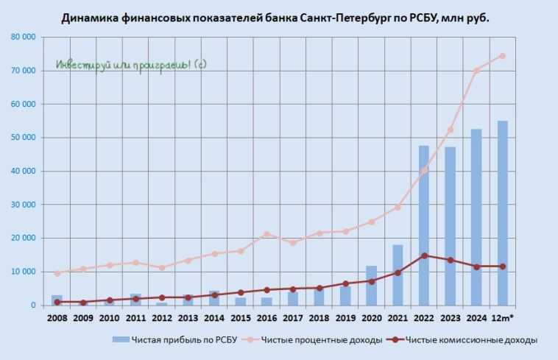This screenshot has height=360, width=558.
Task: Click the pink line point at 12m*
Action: (x=503, y=56)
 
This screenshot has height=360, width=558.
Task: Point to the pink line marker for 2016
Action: (x=266, y=234)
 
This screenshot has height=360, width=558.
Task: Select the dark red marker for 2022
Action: (x=424, y=255)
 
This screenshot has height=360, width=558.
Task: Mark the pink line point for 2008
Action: (x=57, y=273)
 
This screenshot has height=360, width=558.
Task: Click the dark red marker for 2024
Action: (x=476, y=267)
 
